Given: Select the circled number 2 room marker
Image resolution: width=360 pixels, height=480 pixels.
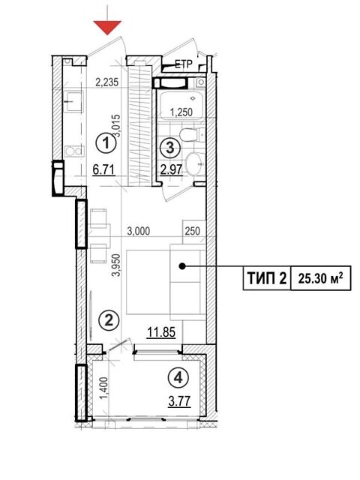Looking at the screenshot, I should (109, 321).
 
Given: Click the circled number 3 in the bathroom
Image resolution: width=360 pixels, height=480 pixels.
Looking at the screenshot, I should (170, 146).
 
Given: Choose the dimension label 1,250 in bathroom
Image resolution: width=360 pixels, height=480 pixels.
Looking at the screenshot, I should (181, 112).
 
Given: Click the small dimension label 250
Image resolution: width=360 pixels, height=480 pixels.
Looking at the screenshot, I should (191, 232).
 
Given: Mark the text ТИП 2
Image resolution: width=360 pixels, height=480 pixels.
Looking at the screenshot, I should (264, 280).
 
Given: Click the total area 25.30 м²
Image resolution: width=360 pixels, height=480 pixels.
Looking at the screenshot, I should (321, 280).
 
